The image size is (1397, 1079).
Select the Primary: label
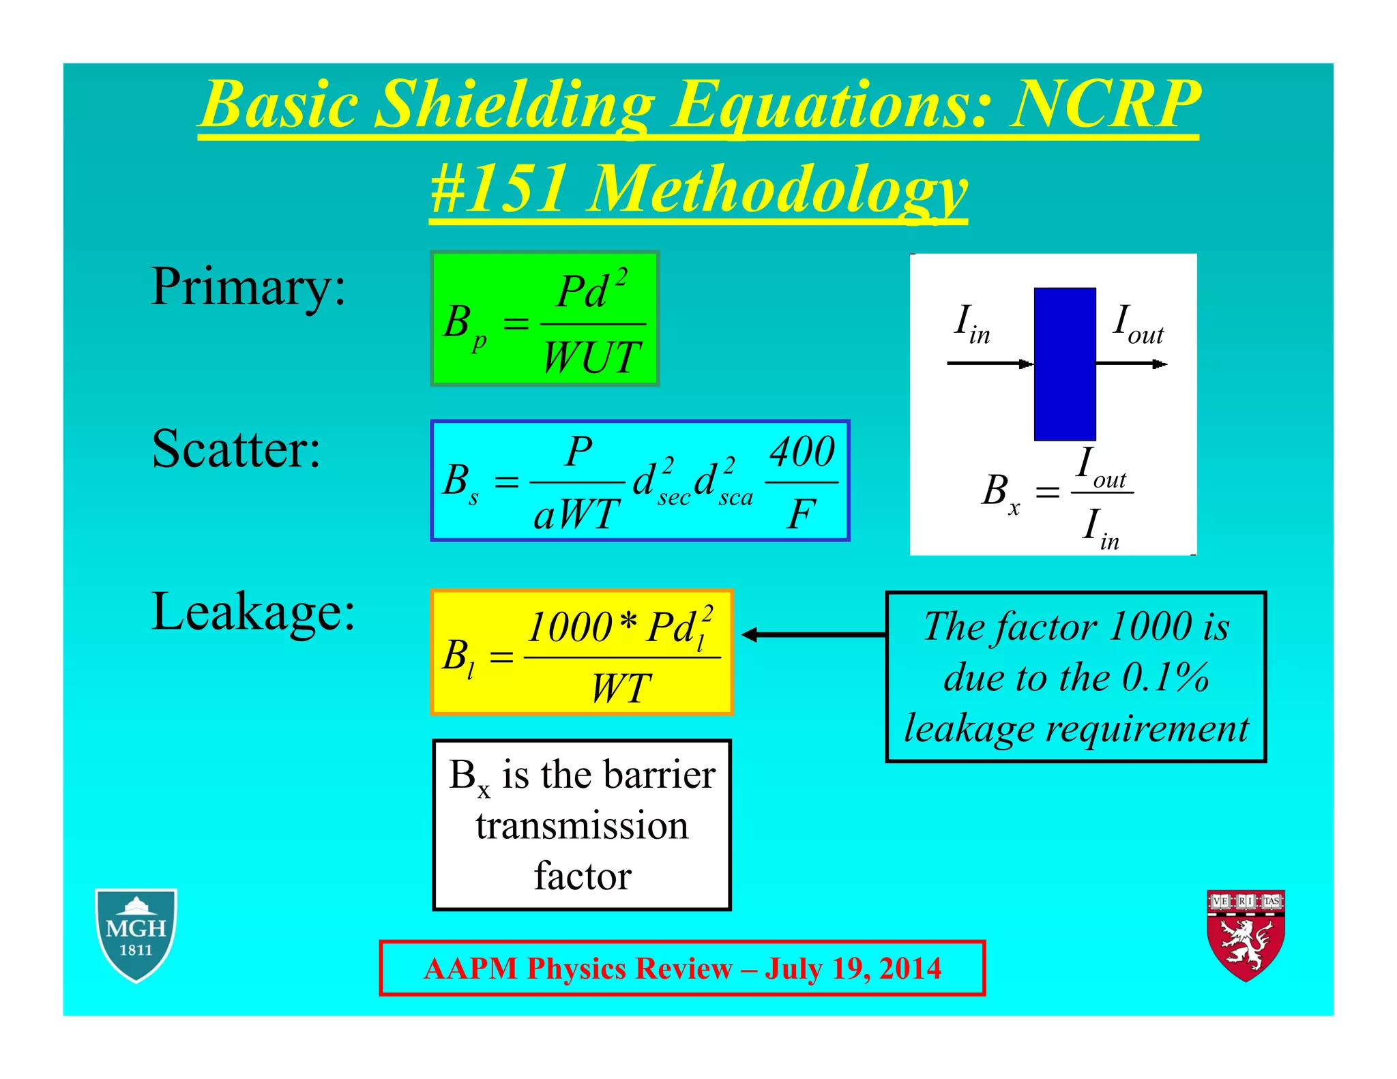coord(248,286)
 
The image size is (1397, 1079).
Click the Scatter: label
coord(236,449)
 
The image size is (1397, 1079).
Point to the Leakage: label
coord(253,612)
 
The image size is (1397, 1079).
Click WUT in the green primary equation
coord(591,357)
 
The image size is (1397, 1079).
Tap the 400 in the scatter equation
coord(802,452)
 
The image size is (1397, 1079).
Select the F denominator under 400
coord(801,514)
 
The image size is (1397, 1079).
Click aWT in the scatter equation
coord(577,514)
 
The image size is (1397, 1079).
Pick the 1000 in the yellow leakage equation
coord(570,627)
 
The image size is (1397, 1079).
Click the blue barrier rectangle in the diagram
coord(1064,364)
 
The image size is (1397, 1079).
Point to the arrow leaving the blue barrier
coord(1132,364)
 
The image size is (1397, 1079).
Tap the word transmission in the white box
coord(582,826)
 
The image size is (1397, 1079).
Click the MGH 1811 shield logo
coord(136,935)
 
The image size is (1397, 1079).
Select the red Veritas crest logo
coord(1246,935)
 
